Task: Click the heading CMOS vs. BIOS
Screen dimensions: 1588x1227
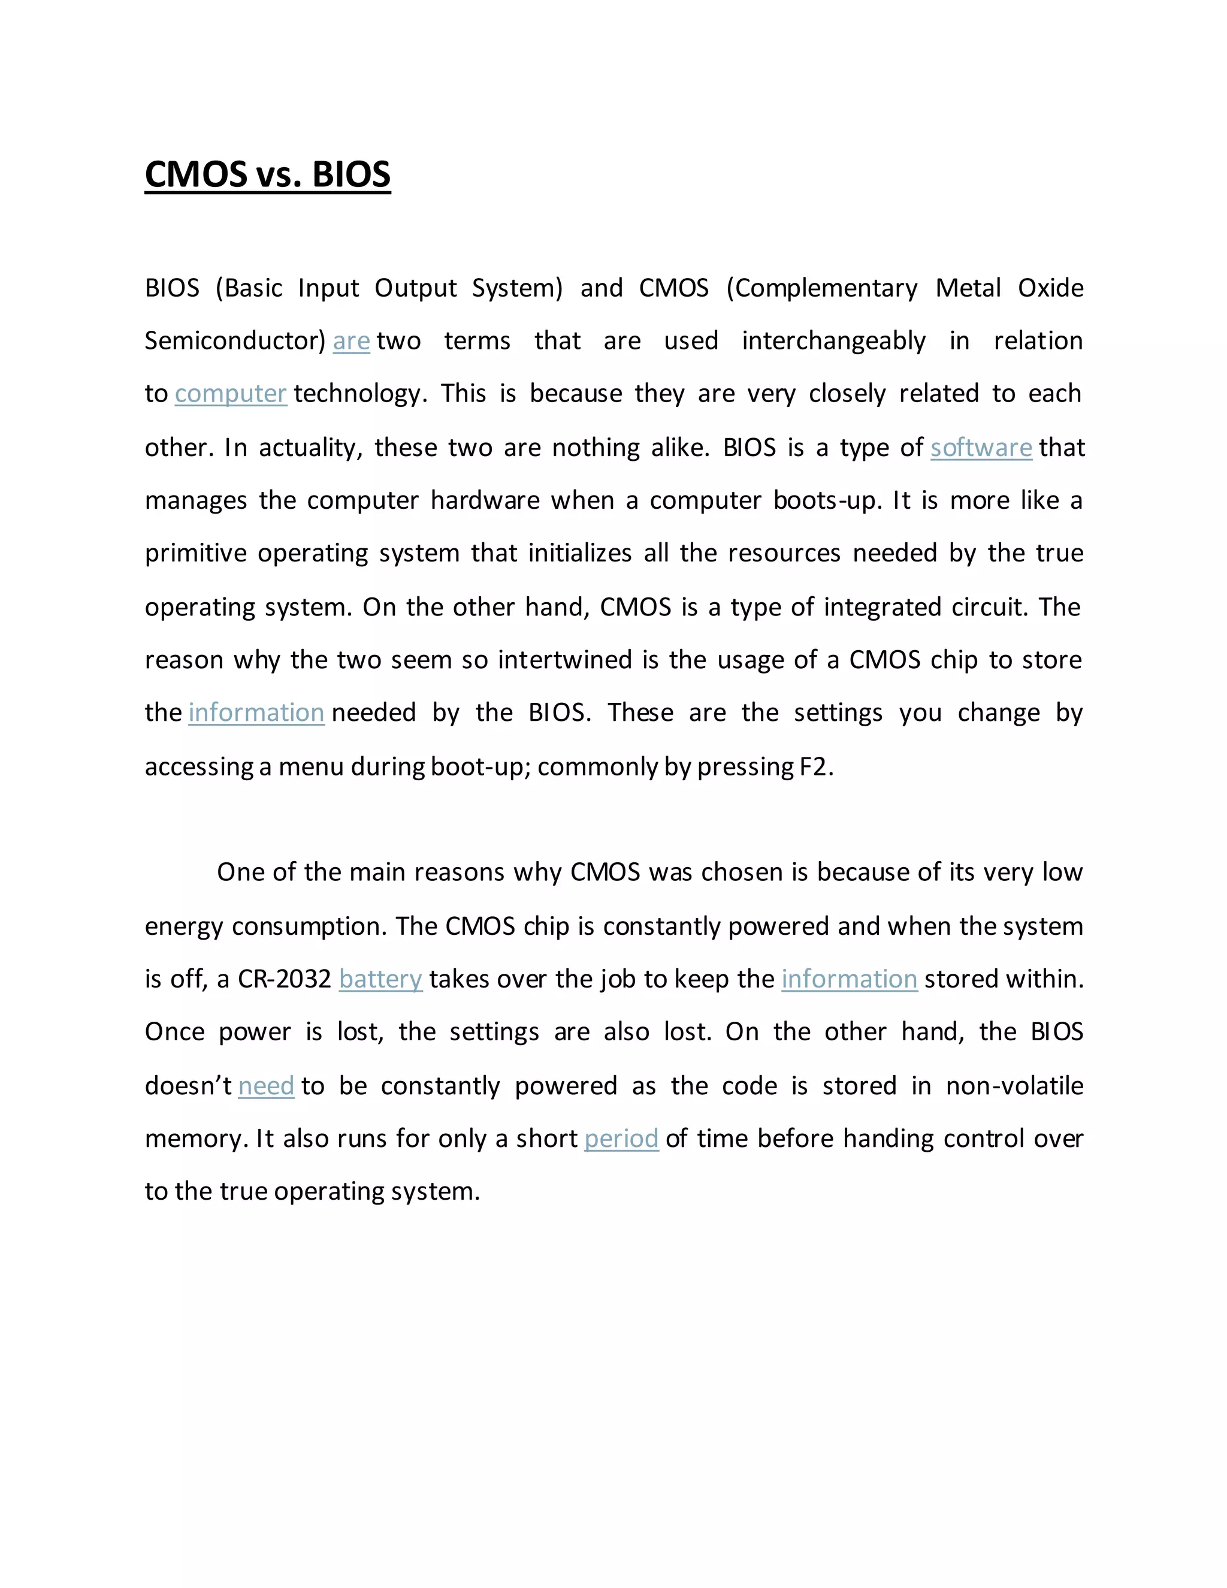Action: pyautogui.click(x=267, y=175)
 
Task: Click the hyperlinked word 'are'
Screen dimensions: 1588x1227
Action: pyautogui.click(x=351, y=341)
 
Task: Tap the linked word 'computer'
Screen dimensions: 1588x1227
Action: pyautogui.click(x=231, y=394)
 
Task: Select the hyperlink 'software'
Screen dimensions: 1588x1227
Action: pyautogui.click(x=981, y=448)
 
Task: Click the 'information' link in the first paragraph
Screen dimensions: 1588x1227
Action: pyautogui.click(x=256, y=713)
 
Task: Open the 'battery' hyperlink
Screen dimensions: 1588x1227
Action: pyautogui.click(x=380, y=979)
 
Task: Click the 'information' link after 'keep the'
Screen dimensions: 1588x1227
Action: pyautogui.click(x=849, y=979)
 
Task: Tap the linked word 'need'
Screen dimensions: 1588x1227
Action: pyautogui.click(x=266, y=1086)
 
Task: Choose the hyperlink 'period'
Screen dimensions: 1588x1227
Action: pyautogui.click(x=621, y=1139)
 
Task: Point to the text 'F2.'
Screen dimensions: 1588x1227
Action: pyautogui.click(x=815, y=767)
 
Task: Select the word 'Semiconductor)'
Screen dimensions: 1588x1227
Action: pyautogui.click(x=235, y=341)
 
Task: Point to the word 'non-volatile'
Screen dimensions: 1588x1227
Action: pyautogui.click(x=1014, y=1086)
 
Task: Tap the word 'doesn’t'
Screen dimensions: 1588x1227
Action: pyautogui.click(x=188, y=1086)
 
